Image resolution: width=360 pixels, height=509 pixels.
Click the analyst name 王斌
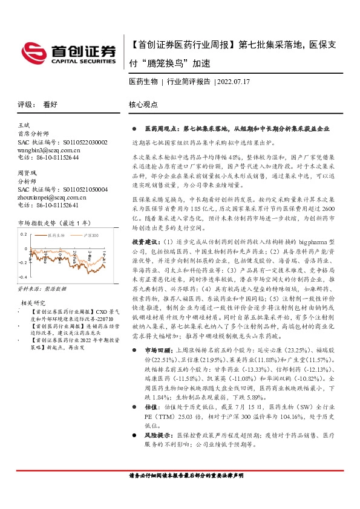(x=25, y=125)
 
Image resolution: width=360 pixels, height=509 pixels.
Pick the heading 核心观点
(x=143, y=105)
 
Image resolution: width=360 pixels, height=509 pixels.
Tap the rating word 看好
(x=50, y=105)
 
